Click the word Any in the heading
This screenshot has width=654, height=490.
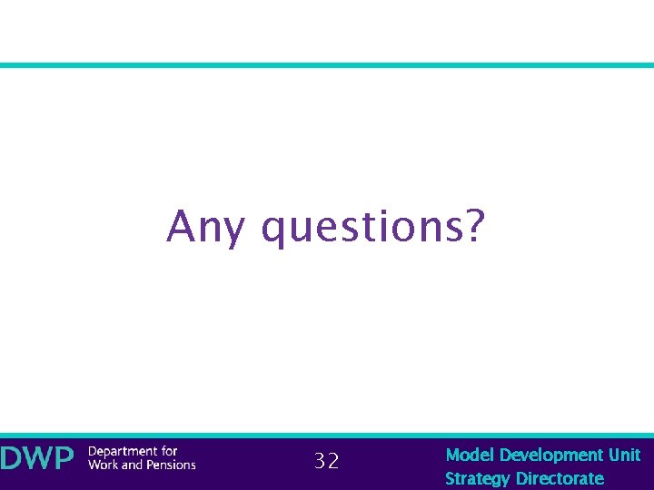[205, 227]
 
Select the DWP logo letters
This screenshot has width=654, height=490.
[36, 458]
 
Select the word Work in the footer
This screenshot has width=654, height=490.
[103, 465]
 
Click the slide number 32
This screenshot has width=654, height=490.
[326, 462]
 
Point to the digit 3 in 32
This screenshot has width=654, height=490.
[320, 462]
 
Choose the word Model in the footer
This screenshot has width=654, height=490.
[470, 455]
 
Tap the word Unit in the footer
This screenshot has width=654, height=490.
[625, 455]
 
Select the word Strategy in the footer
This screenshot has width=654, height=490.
[478, 478]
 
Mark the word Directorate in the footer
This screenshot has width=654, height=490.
[560, 478]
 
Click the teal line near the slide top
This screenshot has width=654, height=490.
[327, 65]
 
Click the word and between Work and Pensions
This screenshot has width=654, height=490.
[133, 465]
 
